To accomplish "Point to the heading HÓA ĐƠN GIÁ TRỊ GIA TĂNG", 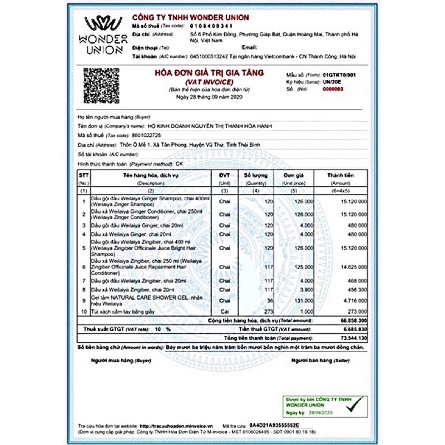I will (209, 73).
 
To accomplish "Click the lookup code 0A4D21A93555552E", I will (273, 424).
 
